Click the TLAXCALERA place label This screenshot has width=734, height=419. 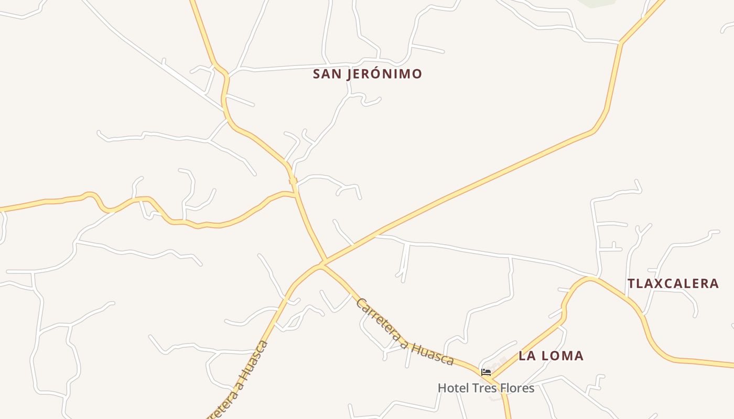[673, 283]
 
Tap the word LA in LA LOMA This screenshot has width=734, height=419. [526, 356]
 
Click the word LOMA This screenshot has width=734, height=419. [563, 356]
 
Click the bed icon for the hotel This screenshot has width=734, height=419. [486, 372]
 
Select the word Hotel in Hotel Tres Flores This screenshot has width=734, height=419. [453, 388]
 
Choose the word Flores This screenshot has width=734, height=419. [517, 388]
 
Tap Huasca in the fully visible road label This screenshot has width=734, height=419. [433, 354]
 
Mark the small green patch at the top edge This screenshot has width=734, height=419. [596, 3]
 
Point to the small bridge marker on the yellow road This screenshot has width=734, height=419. [293, 181]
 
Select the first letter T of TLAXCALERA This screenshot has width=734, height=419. [631, 283]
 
